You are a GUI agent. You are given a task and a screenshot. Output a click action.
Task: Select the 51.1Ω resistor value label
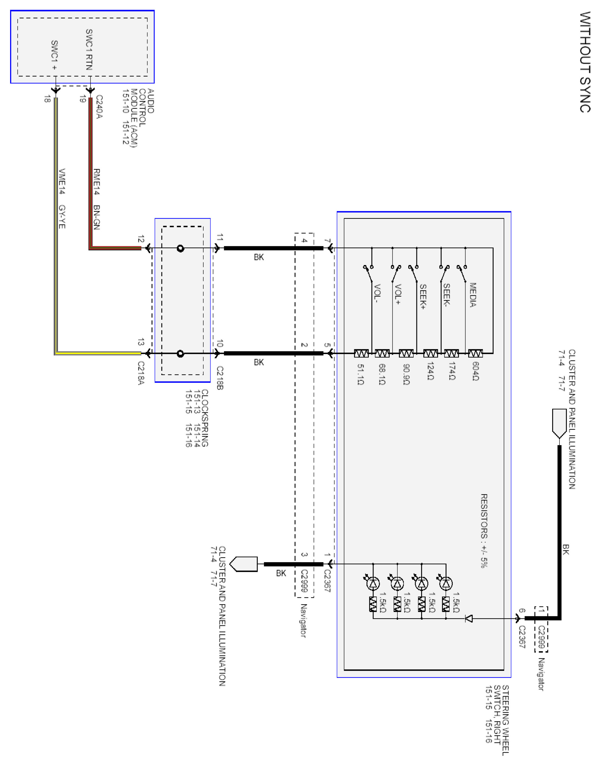[x=361, y=374]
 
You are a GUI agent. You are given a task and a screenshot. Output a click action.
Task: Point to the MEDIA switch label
[x=473, y=295]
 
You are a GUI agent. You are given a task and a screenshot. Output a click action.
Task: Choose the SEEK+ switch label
[x=423, y=296]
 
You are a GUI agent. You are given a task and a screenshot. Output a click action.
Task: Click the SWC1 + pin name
[x=54, y=55]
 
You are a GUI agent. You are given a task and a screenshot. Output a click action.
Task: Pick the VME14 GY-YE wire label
[x=62, y=199]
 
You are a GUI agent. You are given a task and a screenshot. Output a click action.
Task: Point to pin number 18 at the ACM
[x=47, y=99]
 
